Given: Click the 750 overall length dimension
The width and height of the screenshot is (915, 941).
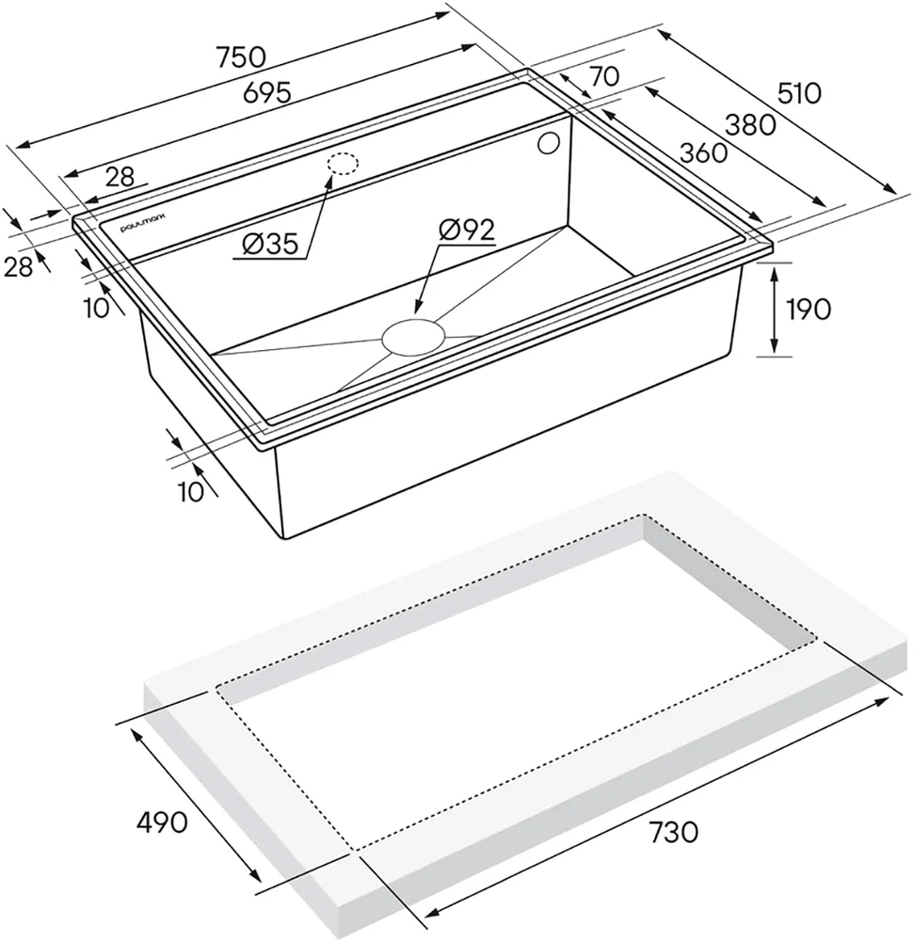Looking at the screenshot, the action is (x=241, y=57).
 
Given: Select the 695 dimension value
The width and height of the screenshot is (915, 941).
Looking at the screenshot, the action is (x=267, y=93).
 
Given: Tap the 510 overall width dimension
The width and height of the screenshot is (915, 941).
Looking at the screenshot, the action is (x=798, y=93).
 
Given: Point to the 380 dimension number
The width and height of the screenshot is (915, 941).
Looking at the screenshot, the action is (x=750, y=125).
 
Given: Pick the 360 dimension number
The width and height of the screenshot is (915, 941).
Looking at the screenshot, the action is (x=703, y=152).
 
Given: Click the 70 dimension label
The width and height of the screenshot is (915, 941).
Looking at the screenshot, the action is (x=604, y=77).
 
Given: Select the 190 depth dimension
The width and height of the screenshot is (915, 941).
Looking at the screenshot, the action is (x=809, y=309).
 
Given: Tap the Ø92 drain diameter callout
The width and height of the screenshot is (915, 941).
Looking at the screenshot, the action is (x=467, y=230).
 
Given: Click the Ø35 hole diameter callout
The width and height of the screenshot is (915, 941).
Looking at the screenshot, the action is (x=270, y=245).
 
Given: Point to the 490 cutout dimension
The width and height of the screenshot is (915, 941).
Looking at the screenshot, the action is (x=162, y=821).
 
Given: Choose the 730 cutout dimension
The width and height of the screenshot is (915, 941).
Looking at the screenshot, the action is (x=673, y=833).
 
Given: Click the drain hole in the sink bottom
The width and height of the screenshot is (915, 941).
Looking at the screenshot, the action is (x=413, y=337).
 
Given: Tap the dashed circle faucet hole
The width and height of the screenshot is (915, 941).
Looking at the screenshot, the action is (x=343, y=163).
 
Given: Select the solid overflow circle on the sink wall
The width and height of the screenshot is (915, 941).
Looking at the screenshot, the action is (x=548, y=144).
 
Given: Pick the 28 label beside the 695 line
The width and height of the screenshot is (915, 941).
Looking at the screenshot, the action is (x=120, y=177).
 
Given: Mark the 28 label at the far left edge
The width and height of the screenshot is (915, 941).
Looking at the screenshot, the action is (x=18, y=266).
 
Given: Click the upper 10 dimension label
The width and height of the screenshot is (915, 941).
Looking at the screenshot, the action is (x=97, y=308).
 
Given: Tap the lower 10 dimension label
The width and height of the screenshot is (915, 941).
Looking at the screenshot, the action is (x=191, y=491).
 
